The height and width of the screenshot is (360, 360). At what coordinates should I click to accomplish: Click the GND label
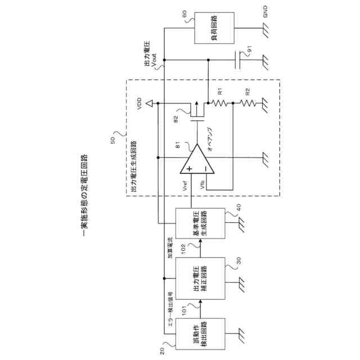[x=266, y=11]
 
